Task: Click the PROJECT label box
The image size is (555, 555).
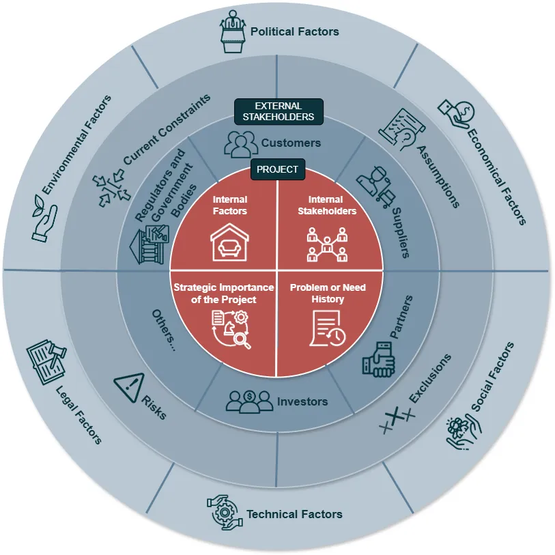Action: [277, 169]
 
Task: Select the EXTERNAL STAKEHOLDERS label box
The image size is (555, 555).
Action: [279, 111]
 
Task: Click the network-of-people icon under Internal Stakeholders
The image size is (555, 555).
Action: [328, 245]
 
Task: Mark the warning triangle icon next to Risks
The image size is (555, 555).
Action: [129, 386]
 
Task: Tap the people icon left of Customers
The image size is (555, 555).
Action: [242, 143]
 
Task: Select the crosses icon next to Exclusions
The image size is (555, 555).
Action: [397, 418]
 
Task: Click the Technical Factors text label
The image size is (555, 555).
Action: [294, 514]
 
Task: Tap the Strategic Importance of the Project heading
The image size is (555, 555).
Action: [223, 294]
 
